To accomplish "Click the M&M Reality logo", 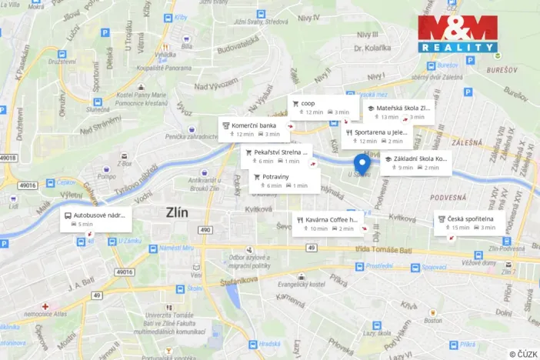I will tap(458, 35).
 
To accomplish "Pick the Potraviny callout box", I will tap(283, 181).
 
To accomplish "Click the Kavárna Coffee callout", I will tap(328, 223).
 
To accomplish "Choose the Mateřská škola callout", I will tap(398, 112).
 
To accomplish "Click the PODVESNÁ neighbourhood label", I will tap(449, 198).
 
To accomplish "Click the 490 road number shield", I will tap(205, 230).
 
